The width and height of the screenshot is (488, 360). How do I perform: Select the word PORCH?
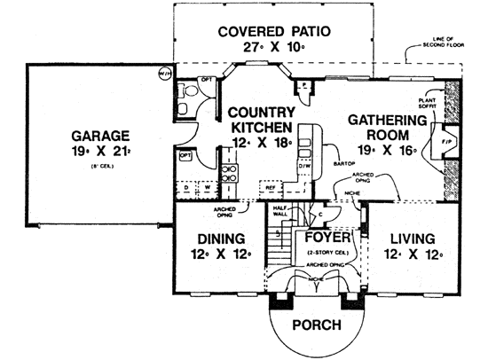click(315, 325)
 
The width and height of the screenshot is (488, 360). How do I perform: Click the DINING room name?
click(216, 239)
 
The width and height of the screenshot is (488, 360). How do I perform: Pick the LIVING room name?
click(407, 239)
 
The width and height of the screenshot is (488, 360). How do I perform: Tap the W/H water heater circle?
click(165, 74)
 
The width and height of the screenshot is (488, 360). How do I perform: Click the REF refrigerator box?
click(269, 187)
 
